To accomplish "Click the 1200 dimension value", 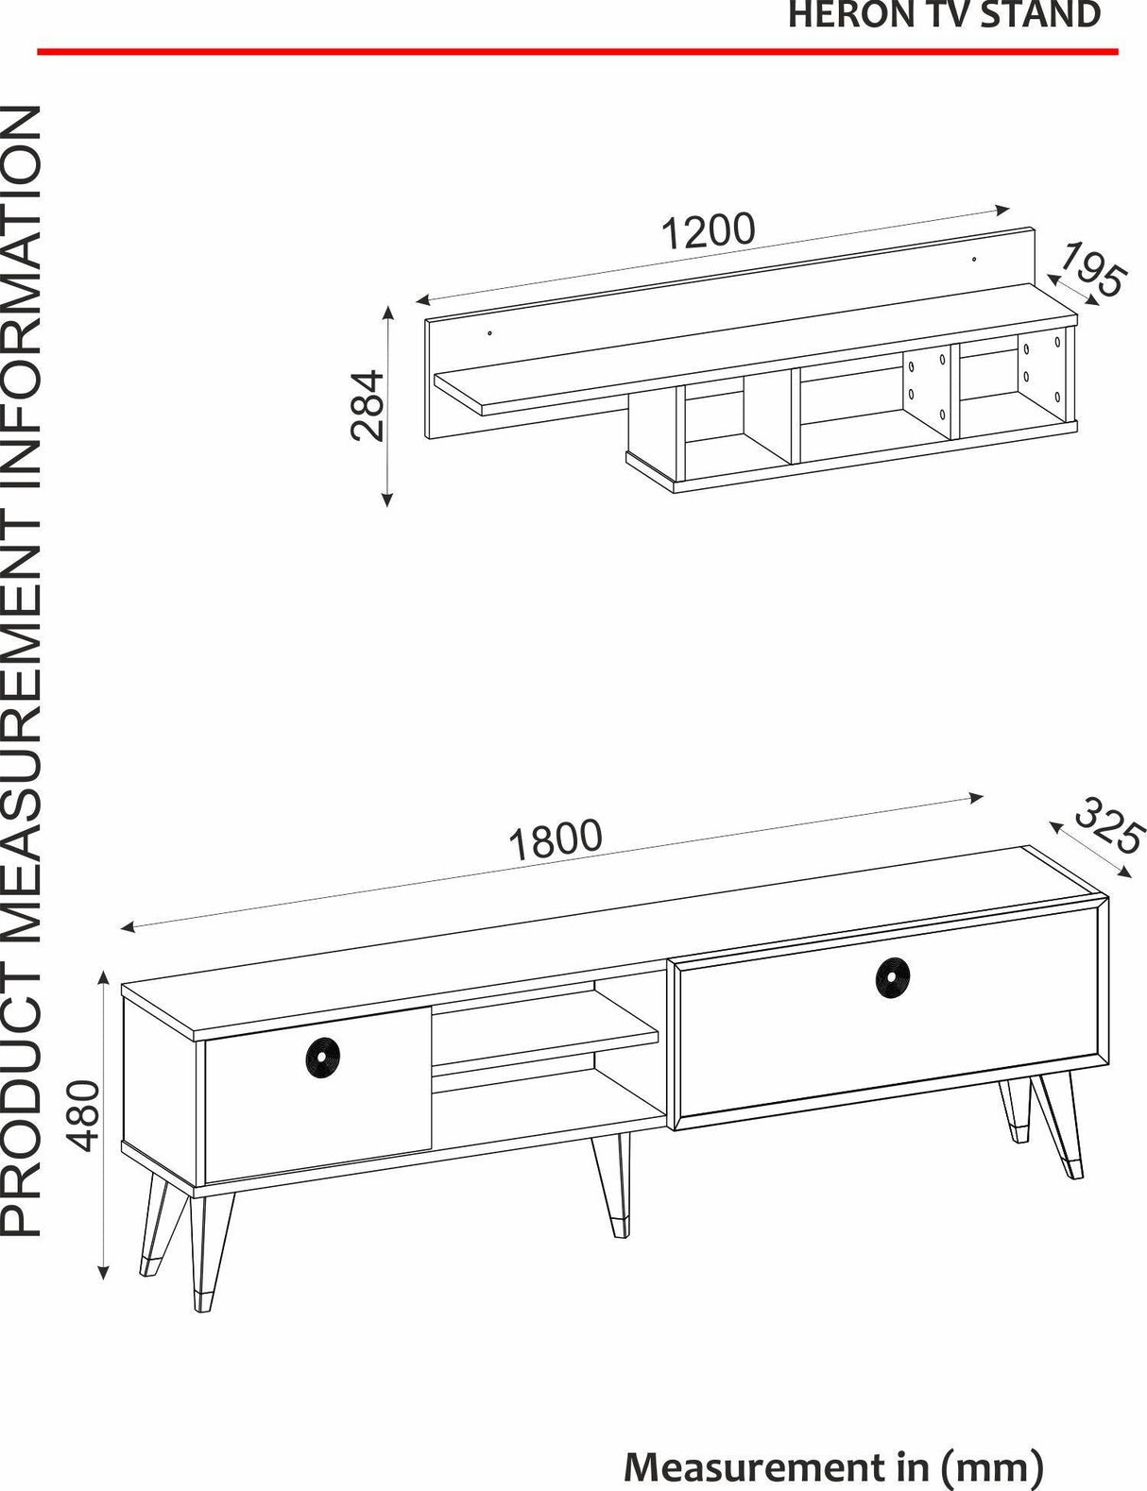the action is point(708,231).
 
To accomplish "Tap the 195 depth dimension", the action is point(1093,270).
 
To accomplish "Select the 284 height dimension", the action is point(368,405).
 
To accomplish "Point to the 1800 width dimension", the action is point(556,839).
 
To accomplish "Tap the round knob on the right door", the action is point(893,977).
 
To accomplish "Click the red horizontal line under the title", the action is point(577,51).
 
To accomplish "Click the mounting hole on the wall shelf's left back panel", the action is point(489,333).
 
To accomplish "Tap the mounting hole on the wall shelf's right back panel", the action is point(973,260).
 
